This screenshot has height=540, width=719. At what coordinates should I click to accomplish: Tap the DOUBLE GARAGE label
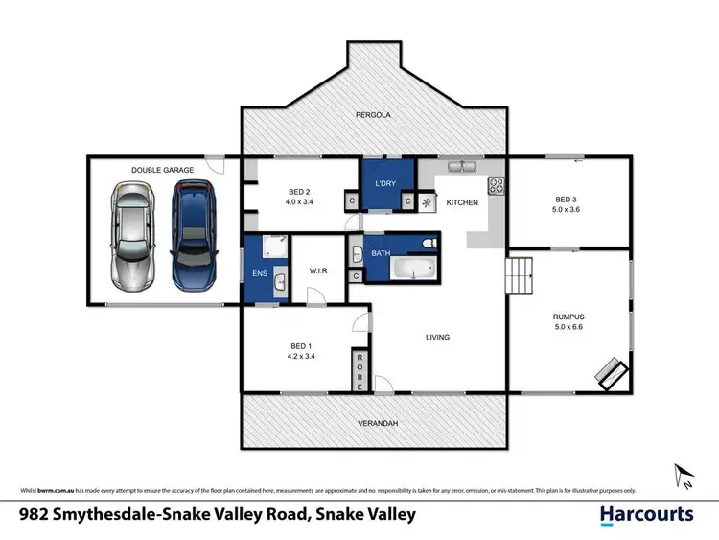coord(163,170)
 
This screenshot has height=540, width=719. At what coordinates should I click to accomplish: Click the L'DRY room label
coord(386,182)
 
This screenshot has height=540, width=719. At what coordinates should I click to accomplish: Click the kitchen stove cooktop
coord(497,185)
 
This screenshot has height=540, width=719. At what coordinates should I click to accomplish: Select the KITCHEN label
coord(462,203)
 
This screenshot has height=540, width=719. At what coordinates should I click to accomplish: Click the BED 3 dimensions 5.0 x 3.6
coord(568,209)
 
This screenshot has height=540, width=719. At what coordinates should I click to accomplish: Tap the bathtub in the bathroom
coord(402,270)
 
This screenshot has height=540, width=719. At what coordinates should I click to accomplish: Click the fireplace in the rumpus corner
coord(611,373)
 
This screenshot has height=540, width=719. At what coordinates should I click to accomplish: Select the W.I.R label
coord(317,271)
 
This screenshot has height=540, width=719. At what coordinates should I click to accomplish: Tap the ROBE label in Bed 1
coord(359,366)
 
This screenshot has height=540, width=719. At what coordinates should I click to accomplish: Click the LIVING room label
coord(437,337)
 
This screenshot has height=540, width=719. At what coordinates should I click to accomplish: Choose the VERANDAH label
coord(373,423)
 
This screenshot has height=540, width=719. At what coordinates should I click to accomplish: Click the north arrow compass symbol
coord(683,475)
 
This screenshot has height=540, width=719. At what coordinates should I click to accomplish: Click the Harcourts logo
coord(646,514)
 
